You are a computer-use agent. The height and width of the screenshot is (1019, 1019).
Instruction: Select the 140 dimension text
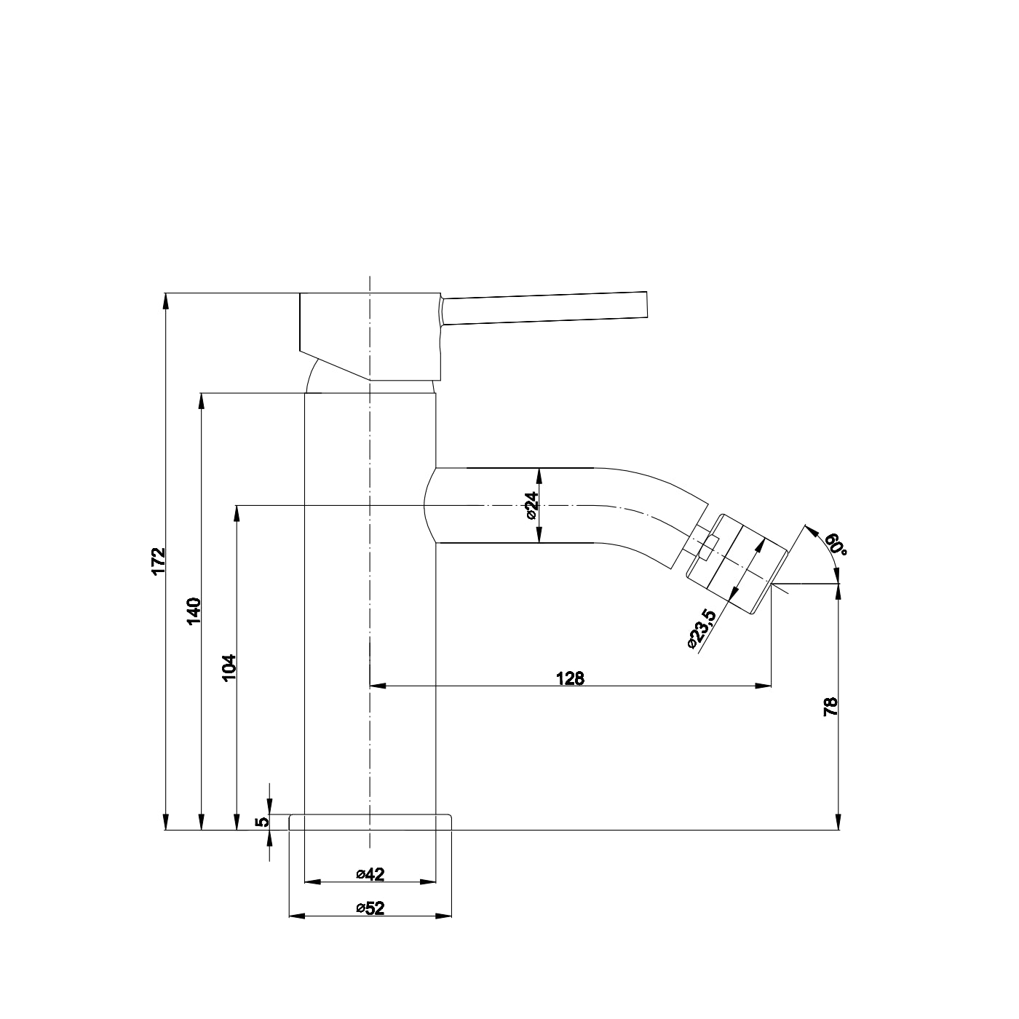(x=194, y=611)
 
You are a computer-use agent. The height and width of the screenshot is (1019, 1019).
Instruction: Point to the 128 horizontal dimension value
(x=570, y=678)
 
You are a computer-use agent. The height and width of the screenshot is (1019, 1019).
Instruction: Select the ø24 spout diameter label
(x=531, y=504)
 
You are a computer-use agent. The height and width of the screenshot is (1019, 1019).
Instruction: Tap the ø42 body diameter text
(x=370, y=874)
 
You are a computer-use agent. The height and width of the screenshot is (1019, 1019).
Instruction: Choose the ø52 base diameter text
(x=370, y=908)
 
